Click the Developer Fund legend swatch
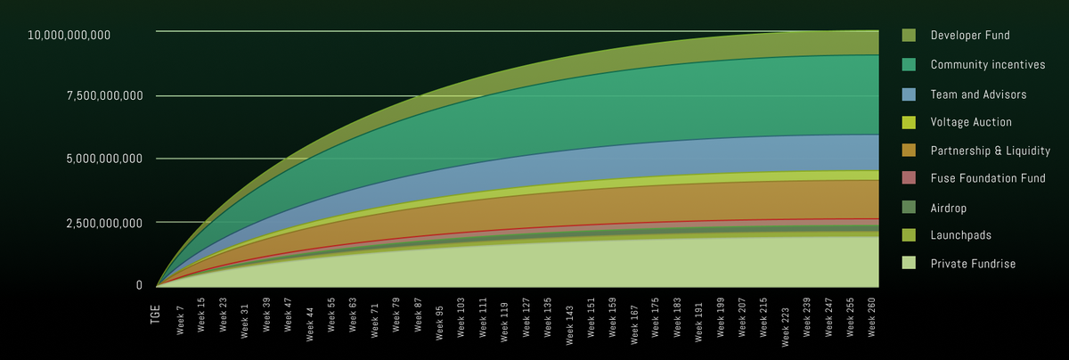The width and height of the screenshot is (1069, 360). point(909,36)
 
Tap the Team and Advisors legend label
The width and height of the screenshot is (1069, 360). point(978,93)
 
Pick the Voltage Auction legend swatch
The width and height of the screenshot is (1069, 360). point(909,121)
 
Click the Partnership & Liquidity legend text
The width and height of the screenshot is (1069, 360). point(990,150)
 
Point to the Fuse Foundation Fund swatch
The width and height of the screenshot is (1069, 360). point(909,178)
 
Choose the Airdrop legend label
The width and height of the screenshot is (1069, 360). point(949,207)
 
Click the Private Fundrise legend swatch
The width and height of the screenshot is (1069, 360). point(909,264)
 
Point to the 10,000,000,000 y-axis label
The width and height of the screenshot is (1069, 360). point(69,35)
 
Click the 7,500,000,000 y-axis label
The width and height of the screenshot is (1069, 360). point(104,96)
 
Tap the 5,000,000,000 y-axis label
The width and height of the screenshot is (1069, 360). point(104,159)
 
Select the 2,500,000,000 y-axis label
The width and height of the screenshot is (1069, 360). point(104,222)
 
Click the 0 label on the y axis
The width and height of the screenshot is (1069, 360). point(139,285)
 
